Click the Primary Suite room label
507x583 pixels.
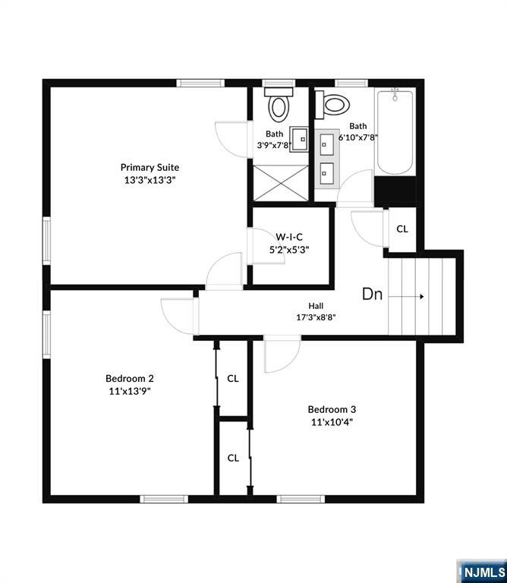tap(150, 167)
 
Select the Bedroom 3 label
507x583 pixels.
tap(332, 409)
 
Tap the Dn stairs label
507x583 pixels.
tap(372, 295)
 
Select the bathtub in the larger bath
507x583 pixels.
tap(395, 133)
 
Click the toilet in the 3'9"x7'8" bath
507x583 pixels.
tap(279, 105)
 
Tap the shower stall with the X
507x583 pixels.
tap(281, 183)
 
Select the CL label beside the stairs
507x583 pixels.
tap(402, 228)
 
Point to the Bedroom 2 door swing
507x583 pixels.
tap(178, 314)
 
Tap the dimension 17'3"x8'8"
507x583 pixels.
tap(316, 317)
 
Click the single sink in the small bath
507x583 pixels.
tap(300, 138)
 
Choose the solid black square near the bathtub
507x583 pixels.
tap(395, 190)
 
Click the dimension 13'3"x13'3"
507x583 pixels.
tap(150, 180)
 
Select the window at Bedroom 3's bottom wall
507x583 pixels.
tap(300, 499)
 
